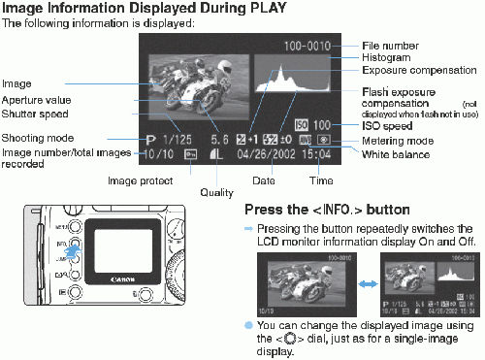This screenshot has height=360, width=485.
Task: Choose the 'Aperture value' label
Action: point(38,100)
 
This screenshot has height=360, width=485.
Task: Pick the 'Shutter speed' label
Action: point(36,114)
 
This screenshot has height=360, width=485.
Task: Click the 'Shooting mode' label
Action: point(38,138)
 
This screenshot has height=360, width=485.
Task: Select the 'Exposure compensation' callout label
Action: point(416,71)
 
